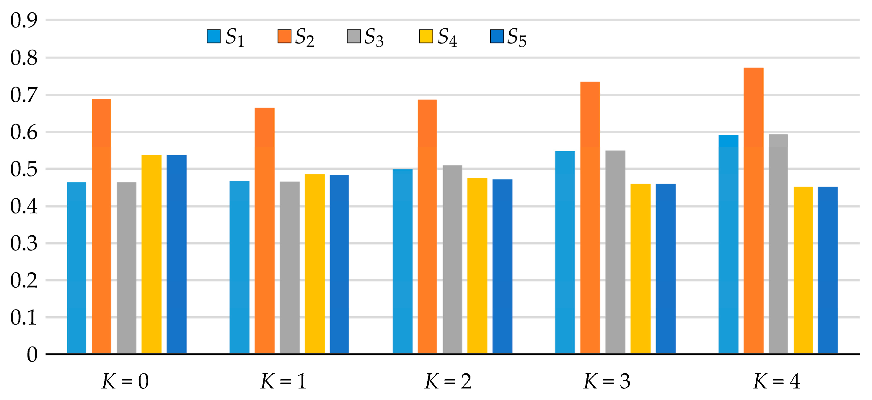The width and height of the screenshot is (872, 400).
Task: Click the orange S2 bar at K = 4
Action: (x=753, y=210)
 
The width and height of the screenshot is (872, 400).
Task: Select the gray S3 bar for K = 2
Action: (x=452, y=259)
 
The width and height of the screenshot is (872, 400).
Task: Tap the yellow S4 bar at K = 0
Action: (x=151, y=254)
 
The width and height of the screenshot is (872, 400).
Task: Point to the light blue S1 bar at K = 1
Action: (x=239, y=267)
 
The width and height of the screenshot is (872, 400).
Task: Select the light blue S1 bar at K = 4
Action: (x=728, y=244)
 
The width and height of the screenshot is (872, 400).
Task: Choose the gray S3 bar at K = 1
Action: (x=289, y=268)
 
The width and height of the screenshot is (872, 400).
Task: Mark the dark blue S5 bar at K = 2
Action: (x=502, y=266)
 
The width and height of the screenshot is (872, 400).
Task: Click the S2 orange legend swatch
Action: (x=284, y=36)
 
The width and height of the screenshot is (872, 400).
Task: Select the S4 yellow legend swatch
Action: (x=426, y=36)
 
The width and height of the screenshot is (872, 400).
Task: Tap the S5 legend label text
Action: (x=516, y=37)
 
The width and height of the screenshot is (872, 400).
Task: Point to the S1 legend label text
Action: (x=234, y=37)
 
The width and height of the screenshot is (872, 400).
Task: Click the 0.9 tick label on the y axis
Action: (x=24, y=20)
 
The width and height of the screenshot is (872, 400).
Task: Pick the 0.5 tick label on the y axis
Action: (x=24, y=169)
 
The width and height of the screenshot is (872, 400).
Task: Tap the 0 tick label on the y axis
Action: (x=32, y=354)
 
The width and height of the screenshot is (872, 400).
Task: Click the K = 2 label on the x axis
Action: (x=448, y=381)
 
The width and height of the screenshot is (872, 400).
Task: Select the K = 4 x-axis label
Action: (x=777, y=381)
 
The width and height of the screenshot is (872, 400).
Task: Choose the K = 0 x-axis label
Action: (x=125, y=381)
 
